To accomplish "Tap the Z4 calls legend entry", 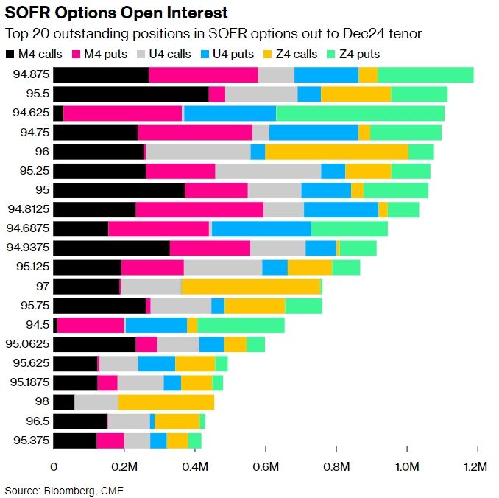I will [298, 54].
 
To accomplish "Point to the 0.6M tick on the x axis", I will [266, 467].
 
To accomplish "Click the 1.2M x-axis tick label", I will [477, 467].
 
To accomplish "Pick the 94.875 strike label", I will [31, 74].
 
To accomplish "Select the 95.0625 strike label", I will [26, 343].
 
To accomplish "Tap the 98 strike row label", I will [42, 401].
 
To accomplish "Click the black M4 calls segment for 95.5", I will [131, 94].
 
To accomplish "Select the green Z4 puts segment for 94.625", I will [360, 113].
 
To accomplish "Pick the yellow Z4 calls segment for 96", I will [336, 151].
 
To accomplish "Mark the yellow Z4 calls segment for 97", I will [250, 286].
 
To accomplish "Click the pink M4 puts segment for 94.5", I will [91, 324].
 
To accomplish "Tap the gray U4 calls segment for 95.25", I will [268, 170].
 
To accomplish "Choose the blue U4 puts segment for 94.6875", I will [261, 228].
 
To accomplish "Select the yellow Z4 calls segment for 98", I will [166, 401].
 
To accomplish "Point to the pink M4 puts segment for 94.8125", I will [199, 209].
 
